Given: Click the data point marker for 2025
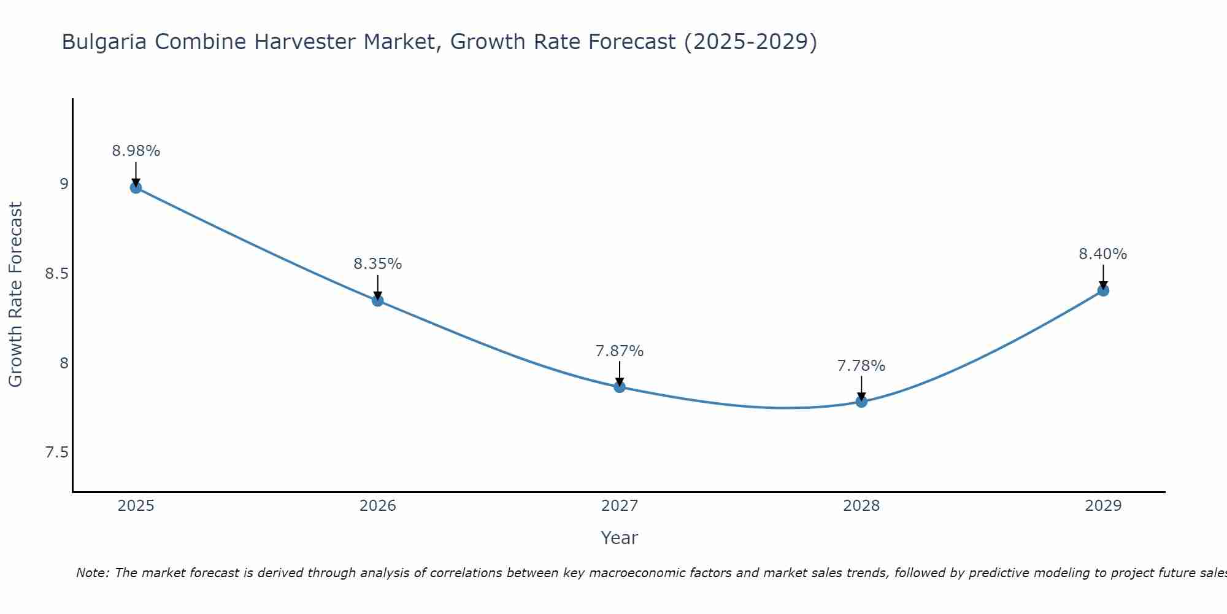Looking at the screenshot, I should click(136, 187).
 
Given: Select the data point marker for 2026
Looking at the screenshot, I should click(377, 300).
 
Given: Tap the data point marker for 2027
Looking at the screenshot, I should click(619, 387).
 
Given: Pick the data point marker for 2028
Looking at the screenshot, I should click(861, 402).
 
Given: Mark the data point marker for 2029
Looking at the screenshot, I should click(1102, 290).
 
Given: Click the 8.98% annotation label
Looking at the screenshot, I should click(136, 151).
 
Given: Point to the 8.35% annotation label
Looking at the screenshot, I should click(377, 264).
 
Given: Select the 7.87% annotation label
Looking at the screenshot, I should click(619, 351).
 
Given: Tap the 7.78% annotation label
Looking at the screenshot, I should click(861, 366).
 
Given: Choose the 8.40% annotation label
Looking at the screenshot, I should click(1102, 254).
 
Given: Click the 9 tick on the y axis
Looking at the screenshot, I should click(64, 184).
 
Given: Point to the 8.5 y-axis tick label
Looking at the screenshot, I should click(56, 273).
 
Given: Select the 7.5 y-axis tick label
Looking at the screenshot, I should click(56, 453).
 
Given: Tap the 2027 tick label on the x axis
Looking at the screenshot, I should click(619, 506).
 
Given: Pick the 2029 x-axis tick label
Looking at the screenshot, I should click(1102, 506).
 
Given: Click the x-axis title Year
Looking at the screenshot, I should click(619, 538).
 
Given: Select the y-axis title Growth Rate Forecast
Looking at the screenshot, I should click(15, 294).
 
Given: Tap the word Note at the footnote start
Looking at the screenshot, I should click(92, 573).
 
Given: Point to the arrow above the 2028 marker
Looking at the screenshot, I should click(861, 387).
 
